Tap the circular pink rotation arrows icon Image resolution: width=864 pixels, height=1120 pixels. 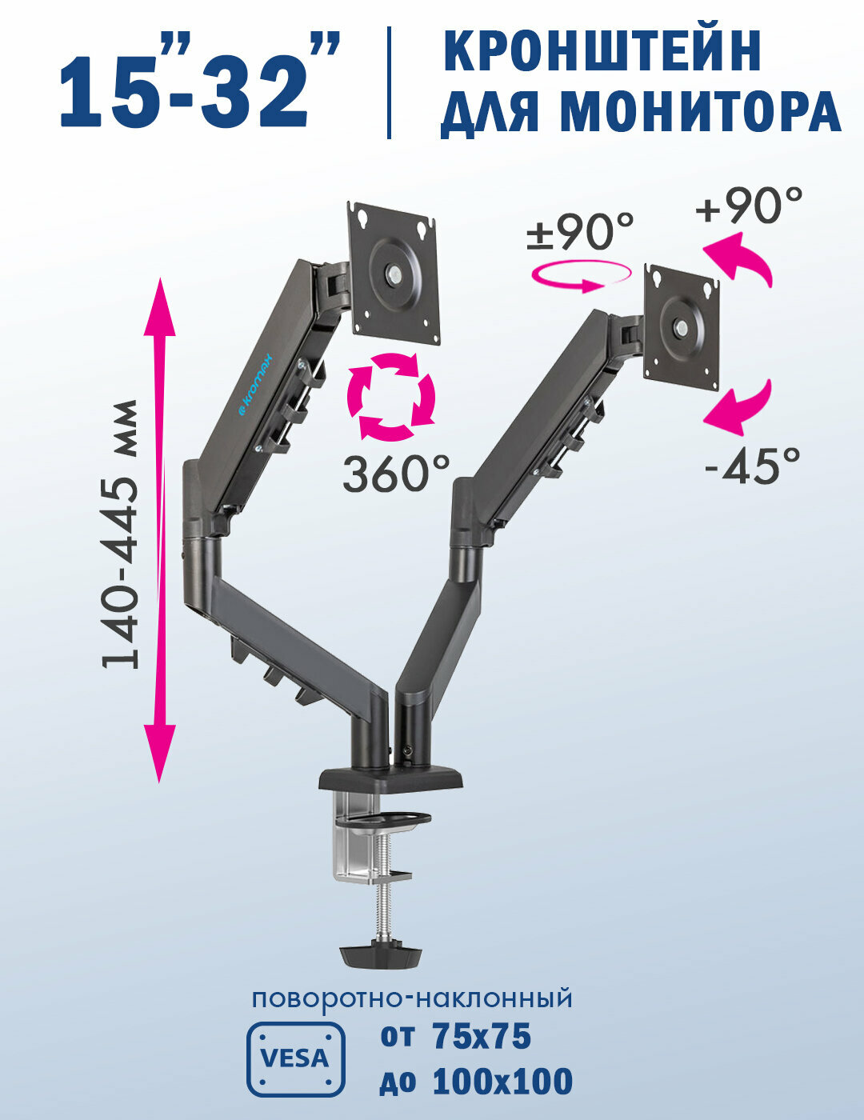[x=391, y=397]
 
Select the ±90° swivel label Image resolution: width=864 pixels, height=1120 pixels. [x=579, y=231]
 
